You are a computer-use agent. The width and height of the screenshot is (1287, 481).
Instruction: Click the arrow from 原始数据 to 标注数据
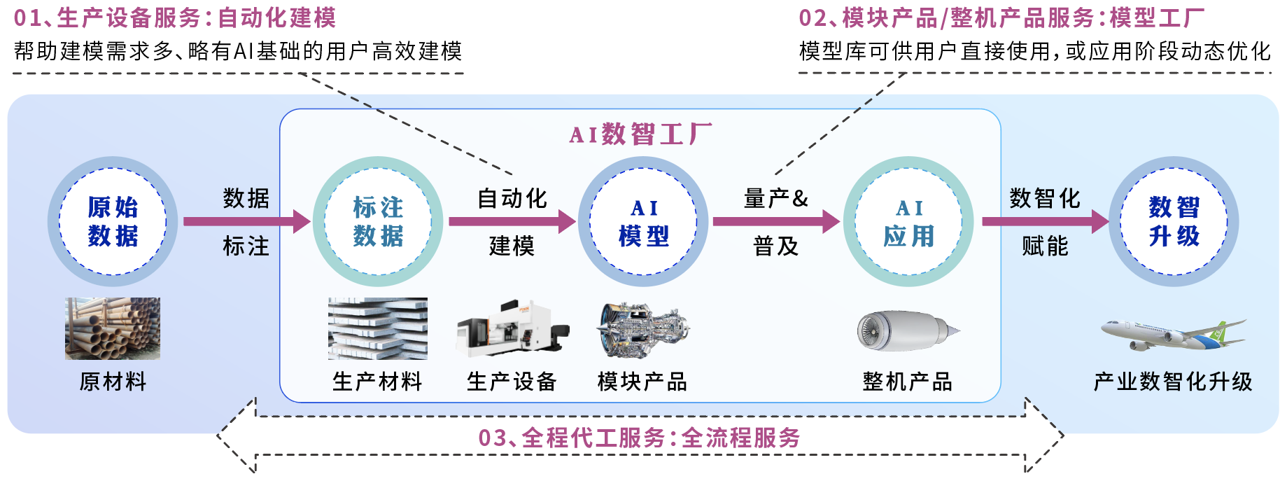pyautogui.click(x=246, y=221)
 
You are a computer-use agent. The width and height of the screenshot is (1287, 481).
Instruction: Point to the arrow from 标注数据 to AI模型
pyautogui.click(x=512, y=221)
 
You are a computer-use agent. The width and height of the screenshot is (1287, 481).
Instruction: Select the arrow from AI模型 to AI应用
pyautogui.click(x=777, y=221)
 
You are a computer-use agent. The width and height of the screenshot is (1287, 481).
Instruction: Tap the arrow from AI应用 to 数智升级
pyautogui.click(x=1046, y=221)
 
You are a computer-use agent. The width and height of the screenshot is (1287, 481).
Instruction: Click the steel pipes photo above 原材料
pyautogui.click(x=113, y=328)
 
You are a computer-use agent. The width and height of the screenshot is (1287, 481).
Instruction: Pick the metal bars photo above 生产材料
pyautogui.click(x=378, y=328)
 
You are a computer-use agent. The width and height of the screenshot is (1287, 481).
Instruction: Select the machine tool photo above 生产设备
pyautogui.click(x=513, y=329)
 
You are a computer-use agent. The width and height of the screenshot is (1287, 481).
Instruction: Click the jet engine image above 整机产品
pyautogui.click(x=908, y=330)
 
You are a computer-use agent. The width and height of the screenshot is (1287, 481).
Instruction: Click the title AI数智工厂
pyautogui.click(x=641, y=134)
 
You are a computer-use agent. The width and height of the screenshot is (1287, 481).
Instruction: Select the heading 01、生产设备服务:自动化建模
pyautogui.click(x=175, y=18)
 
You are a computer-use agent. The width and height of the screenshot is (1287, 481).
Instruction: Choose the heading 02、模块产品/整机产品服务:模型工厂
pyautogui.click(x=1001, y=18)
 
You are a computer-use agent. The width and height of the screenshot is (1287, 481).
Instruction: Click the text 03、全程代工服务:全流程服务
pyautogui.click(x=640, y=438)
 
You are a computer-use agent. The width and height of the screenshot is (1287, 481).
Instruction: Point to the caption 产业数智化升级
pyautogui.click(x=1173, y=382)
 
